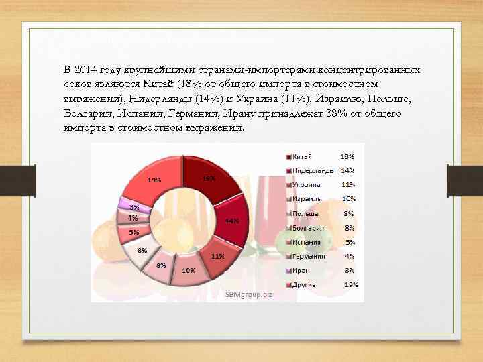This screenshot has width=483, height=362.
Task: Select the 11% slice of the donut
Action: click(x=217, y=258)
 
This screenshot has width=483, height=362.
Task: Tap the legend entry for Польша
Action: click(x=307, y=213)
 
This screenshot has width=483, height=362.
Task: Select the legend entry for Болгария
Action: click(x=309, y=227)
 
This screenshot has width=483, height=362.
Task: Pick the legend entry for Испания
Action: click(x=307, y=242)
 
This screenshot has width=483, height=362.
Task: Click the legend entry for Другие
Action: click(x=306, y=284)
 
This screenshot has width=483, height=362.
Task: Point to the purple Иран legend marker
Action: click(x=288, y=270)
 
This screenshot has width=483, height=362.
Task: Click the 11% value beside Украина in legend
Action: click(x=348, y=184)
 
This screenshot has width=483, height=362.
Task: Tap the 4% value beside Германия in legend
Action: click(x=348, y=256)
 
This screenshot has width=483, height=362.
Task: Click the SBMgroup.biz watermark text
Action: click(x=250, y=294)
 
